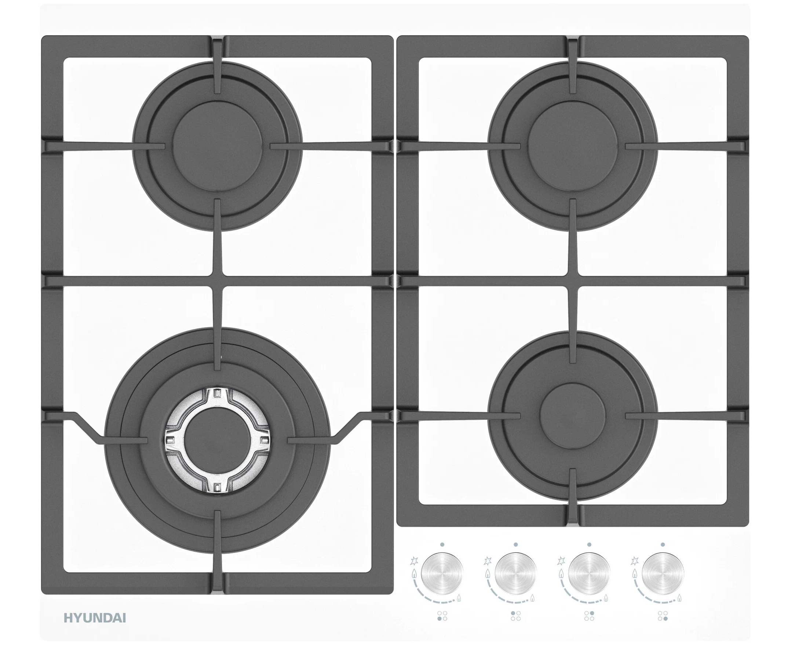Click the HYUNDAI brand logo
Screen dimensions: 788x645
95,618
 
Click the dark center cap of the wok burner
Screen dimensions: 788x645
218,441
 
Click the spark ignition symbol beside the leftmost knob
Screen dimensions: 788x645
414,561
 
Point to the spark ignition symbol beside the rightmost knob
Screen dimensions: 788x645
635,561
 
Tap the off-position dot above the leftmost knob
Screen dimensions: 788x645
442,545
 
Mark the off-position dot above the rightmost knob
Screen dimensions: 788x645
663,545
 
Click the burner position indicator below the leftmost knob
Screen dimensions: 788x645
442,616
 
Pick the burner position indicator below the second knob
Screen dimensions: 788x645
515,616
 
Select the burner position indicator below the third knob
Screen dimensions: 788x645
589,616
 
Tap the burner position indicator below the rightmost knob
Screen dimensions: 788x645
663,616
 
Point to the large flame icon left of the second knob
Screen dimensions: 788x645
487,574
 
